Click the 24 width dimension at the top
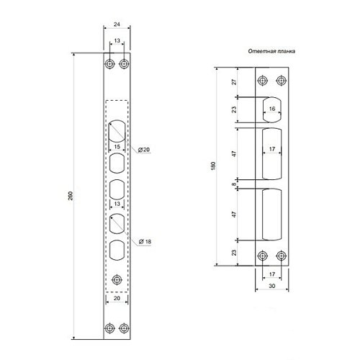117,24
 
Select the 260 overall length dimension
71,196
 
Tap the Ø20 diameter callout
144,150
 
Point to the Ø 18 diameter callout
145,242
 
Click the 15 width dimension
117,147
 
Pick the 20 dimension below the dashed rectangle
117,298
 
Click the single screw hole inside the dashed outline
117,280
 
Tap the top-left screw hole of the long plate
109,64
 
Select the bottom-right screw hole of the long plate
124,328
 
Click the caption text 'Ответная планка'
271,51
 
